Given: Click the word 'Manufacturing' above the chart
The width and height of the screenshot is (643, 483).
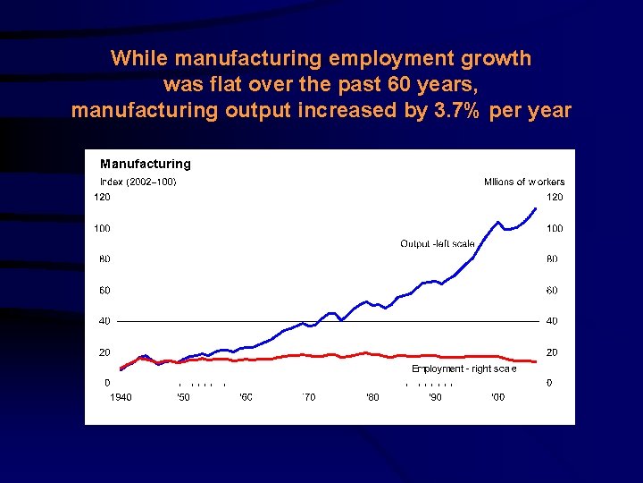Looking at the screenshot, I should tap(146, 164).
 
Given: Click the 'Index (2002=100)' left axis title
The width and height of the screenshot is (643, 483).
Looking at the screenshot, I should tap(138, 182).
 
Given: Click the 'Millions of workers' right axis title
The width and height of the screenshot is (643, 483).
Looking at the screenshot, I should tap(524, 182).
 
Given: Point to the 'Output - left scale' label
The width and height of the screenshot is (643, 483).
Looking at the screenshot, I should tap(438, 244).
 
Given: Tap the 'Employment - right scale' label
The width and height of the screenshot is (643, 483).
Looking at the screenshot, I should tap(463, 369).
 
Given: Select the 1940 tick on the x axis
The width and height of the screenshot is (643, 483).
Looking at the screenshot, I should tap(121, 397).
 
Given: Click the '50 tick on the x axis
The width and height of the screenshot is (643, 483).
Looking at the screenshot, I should tap(183, 397).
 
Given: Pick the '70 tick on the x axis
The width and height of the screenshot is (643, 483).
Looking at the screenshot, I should tap(309, 397).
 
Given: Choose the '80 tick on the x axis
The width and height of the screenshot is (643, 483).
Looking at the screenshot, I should tap(372, 397).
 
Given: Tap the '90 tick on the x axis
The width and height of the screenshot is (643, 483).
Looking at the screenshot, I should tap(435, 397).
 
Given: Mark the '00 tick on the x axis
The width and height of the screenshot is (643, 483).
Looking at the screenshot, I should tap(498, 397).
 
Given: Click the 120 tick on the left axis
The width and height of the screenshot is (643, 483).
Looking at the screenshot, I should tap(104, 197).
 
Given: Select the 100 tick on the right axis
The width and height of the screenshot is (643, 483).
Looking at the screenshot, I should tap(555, 228).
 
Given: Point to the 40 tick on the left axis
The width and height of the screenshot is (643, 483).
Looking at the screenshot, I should tap(104, 321).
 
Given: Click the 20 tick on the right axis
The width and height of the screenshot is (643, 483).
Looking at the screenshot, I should tap(552, 352).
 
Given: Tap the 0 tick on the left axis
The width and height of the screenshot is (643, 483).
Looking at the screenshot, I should tap(108, 383).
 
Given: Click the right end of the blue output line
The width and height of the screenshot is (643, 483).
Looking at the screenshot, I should tap(536, 208).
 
